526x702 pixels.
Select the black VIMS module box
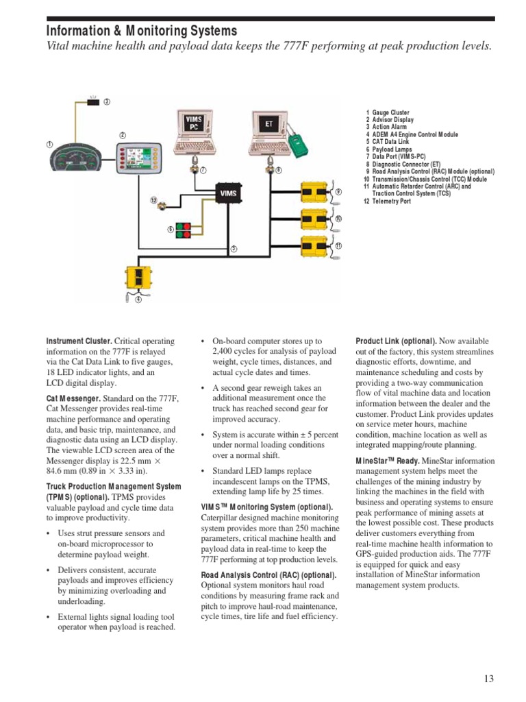pyautogui.click(x=228, y=194)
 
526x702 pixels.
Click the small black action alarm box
pyautogui.click(x=94, y=102)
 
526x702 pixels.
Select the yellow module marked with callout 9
pyautogui.click(x=316, y=192)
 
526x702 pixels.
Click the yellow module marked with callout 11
pyautogui.click(x=316, y=245)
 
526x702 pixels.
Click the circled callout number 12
pyautogui.click(x=154, y=201)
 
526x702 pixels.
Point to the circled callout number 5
pyautogui.click(x=234, y=248)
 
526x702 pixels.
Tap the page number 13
pyautogui.click(x=488, y=679)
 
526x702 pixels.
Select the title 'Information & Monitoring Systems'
pyautogui.click(x=142, y=31)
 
